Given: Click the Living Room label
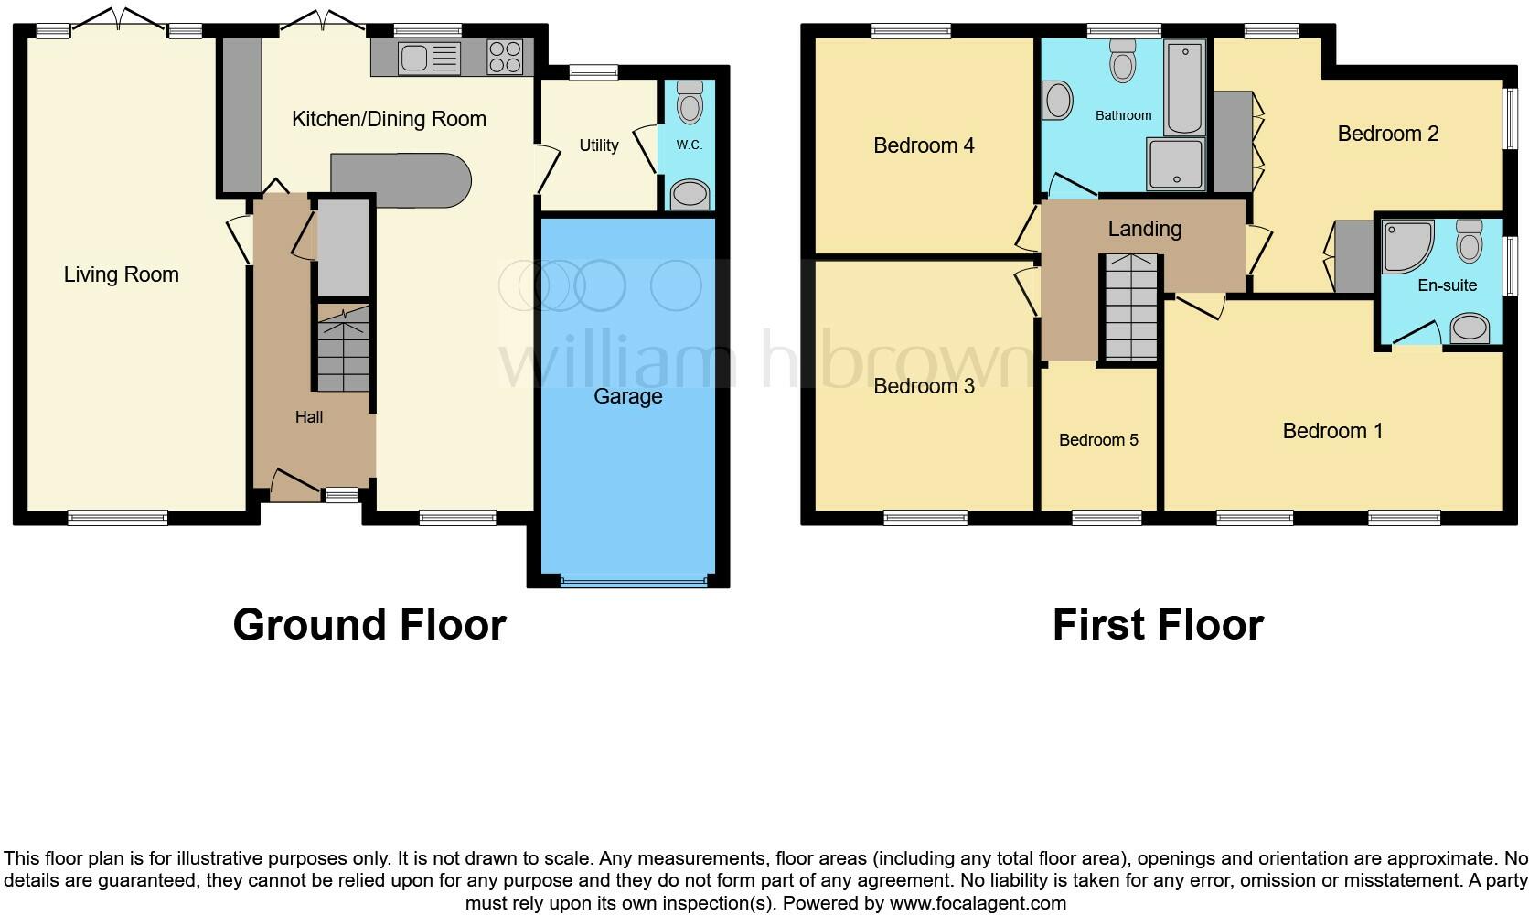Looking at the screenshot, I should [x=121, y=274].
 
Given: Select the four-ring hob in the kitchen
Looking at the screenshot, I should [x=505, y=57].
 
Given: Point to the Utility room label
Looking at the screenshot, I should [x=599, y=145].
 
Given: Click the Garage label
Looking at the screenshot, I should [x=627, y=396].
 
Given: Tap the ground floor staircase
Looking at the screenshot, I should [x=343, y=350].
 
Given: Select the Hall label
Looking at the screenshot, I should [x=309, y=417].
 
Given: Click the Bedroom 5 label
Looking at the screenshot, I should [x=1098, y=440].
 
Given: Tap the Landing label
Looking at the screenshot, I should [x=1144, y=229].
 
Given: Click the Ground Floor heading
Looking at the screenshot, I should [x=369, y=625].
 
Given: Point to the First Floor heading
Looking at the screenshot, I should [x=1158, y=625].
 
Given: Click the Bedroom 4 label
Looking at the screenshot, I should [x=924, y=145].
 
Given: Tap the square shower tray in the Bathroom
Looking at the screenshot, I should [x=1176, y=165].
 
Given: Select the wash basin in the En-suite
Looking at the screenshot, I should [x=1470, y=328].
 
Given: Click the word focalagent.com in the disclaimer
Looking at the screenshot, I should [x=978, y=904].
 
